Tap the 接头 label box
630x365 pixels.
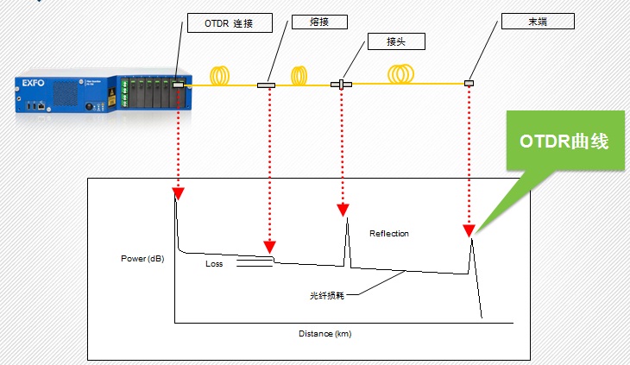point(387,41)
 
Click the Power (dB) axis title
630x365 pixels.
point(144,259)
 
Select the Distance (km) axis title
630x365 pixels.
point(325,334)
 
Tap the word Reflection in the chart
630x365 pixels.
point(389,233)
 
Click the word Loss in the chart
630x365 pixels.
point(214,264)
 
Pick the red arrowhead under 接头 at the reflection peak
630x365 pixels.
point(343,210)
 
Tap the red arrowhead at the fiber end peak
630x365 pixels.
point(469,231)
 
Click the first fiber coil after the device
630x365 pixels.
point(223,76)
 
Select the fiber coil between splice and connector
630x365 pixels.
point(299,76)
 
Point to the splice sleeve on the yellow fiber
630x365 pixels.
point(266,85)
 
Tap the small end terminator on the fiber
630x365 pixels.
point(469,83)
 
